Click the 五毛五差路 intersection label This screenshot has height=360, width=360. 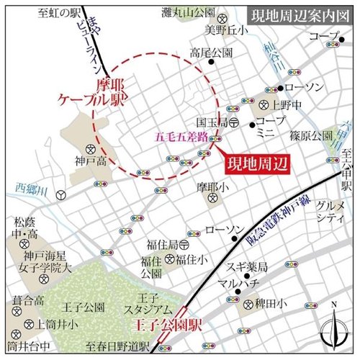point(180,136)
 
